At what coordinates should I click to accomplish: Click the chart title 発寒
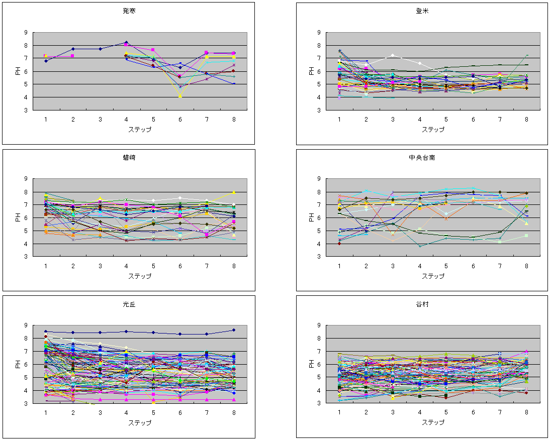[129, 11]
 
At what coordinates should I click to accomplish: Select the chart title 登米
[422, 11]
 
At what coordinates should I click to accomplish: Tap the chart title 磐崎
[129, 158]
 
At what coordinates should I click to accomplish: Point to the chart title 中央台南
[422, 158]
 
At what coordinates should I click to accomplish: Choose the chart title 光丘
[129, 304]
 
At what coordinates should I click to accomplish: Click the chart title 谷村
[422, 304]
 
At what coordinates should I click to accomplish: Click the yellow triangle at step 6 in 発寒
[180, 95]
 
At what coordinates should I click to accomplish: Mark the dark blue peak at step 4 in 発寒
[126, 43]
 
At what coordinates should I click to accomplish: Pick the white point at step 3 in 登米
[393, 55]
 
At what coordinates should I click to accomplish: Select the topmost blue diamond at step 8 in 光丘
[234, 330]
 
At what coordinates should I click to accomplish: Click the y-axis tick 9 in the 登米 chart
[319, 33]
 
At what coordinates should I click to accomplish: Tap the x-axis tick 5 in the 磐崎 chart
[153, 266]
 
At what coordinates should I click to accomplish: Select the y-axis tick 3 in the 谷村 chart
[319, 403]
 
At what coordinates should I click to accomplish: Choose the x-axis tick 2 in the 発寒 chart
[73, 119]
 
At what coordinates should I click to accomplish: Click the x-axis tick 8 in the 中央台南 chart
[527, 266]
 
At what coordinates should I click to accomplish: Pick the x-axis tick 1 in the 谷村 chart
[339, 412]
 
